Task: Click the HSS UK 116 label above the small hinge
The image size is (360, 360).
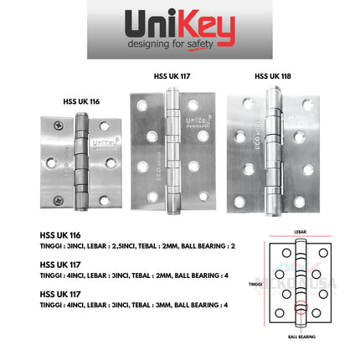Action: [x=81, y=101]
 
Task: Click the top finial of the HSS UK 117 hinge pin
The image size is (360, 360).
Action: [x=172, y=86]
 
